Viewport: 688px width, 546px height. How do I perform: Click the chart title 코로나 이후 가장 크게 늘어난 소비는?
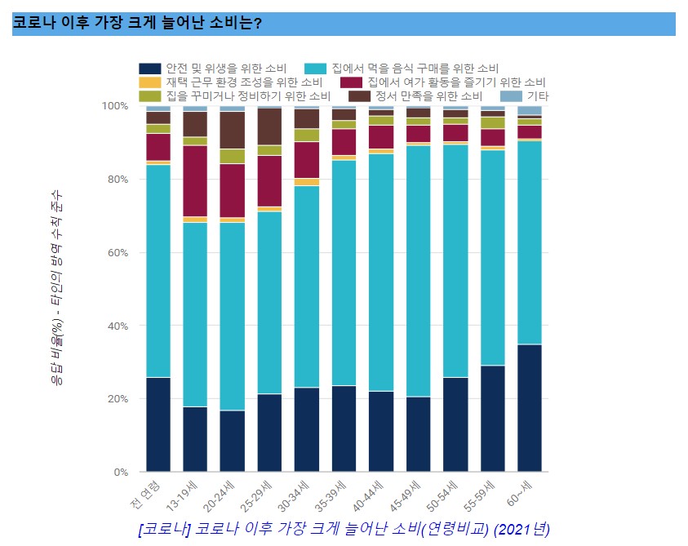tap(137, 23)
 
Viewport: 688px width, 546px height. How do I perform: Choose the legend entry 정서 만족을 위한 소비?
tap(424, 96)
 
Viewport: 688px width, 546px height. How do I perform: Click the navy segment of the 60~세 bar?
tap(530, 408)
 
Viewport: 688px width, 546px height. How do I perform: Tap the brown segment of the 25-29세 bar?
tap(269, 127)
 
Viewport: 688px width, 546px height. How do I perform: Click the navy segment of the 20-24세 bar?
tap(233, 441)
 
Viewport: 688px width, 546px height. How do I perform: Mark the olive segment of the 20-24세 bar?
tap(233, 156)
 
